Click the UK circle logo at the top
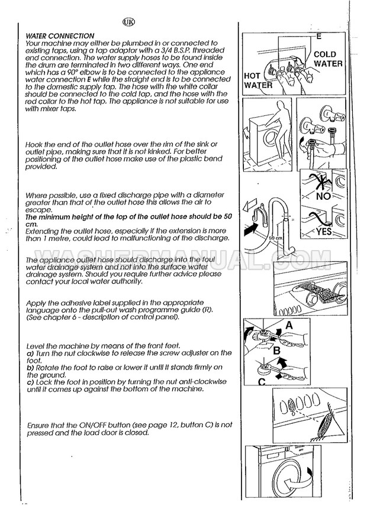click(128, 23)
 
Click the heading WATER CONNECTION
click(60, 36)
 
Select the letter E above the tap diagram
click(318, 37)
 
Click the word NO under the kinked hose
click(323, 194)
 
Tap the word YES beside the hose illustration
click(324, 232)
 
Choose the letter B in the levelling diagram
click(276, 351)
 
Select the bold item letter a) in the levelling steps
click(30, 353)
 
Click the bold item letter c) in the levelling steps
click(30, 383)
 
